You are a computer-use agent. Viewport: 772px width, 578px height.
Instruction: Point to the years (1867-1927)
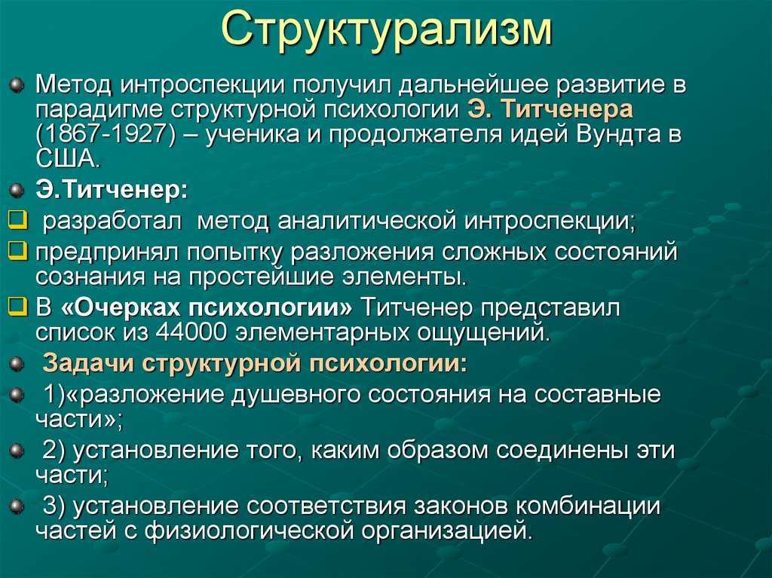tap(106, 134)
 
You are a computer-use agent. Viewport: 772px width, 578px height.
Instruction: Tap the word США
tap(67, 158)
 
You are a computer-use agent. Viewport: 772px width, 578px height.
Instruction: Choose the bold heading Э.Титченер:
tap(112, 191)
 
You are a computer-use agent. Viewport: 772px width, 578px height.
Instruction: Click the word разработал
tap(112, 222)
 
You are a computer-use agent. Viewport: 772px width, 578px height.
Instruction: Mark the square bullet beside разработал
tap(18, 221)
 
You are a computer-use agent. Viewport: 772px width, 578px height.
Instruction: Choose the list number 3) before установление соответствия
tap(54, 506)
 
